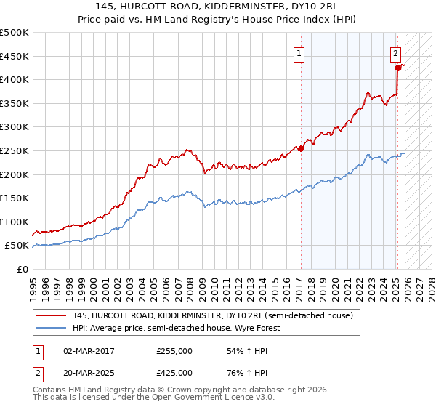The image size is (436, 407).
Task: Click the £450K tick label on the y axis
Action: (15, 56)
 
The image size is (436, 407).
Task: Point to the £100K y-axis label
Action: (15, 222)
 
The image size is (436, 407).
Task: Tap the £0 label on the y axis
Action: (22, 269)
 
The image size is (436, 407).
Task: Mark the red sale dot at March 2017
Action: (300, 148)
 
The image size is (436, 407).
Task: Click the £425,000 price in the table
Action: (174, 373)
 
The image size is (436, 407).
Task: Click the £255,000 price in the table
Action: (174, 351)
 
